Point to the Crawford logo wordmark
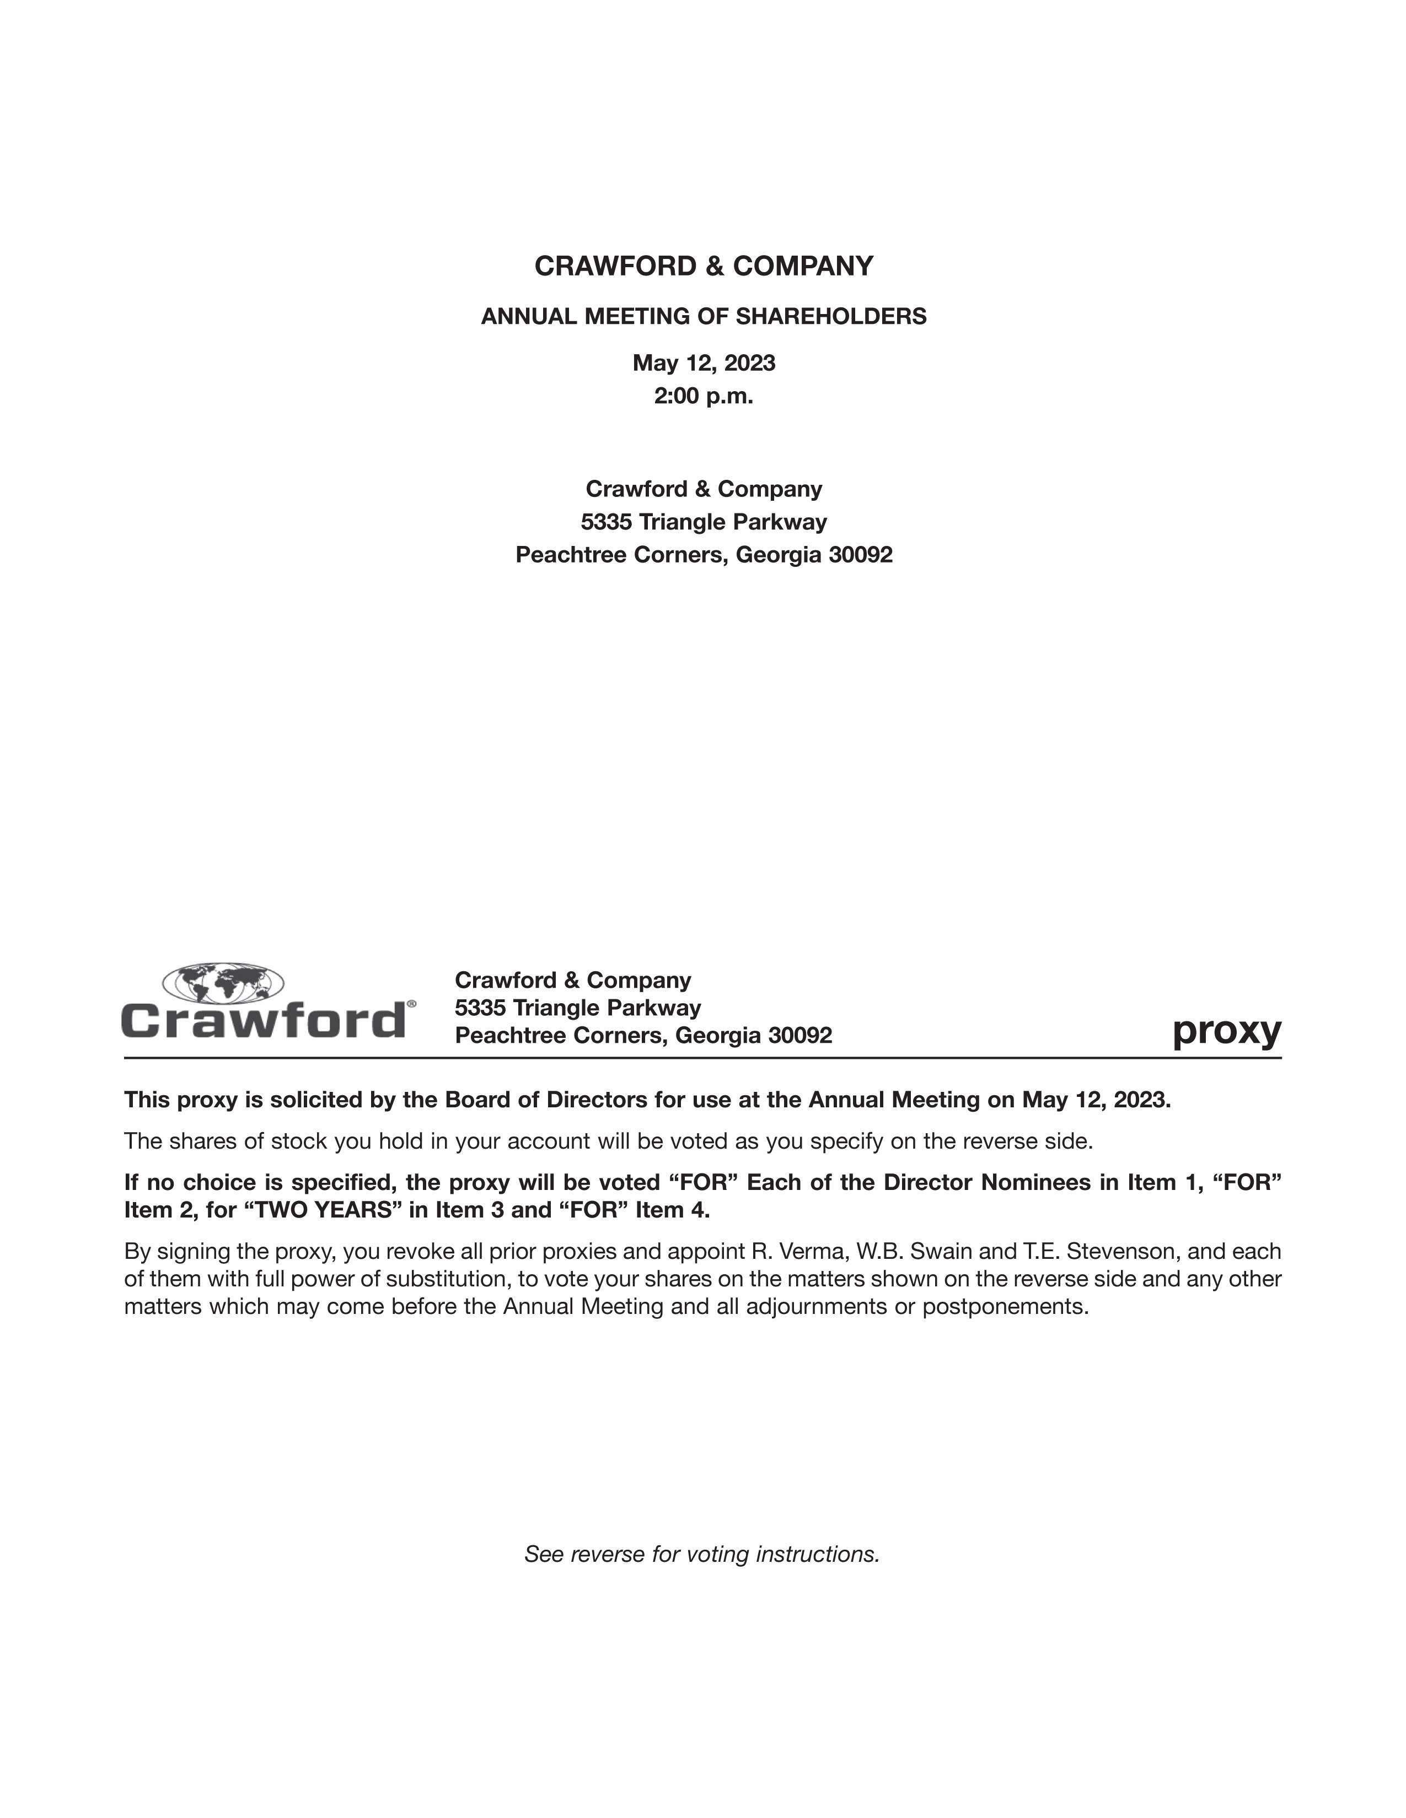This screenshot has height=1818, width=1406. coord(264,1020)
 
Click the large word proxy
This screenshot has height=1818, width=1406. coord(1226,1032)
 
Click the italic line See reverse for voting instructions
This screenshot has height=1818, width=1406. coord(702,1554)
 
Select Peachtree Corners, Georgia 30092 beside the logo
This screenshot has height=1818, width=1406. coord(643,1036)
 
